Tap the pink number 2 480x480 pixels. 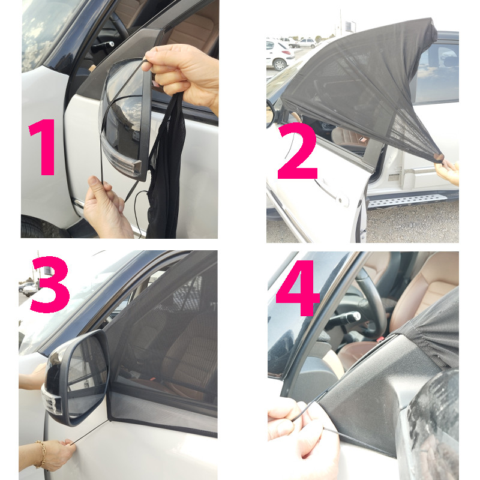pyautogui.click(x=297, y=152)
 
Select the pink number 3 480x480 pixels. pyautogui.click(x=50, y=284)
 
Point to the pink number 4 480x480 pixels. pyautogui.click(x=298, y=288)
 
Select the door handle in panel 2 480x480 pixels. pyautogui.click(x=332, y=192)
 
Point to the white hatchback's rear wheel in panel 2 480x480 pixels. pyautogui.click(x=279, y=65)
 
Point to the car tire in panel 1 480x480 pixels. pyautogui.click(x=40, y=227)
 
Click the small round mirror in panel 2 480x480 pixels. pyautogui.click(x=271, y=113)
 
